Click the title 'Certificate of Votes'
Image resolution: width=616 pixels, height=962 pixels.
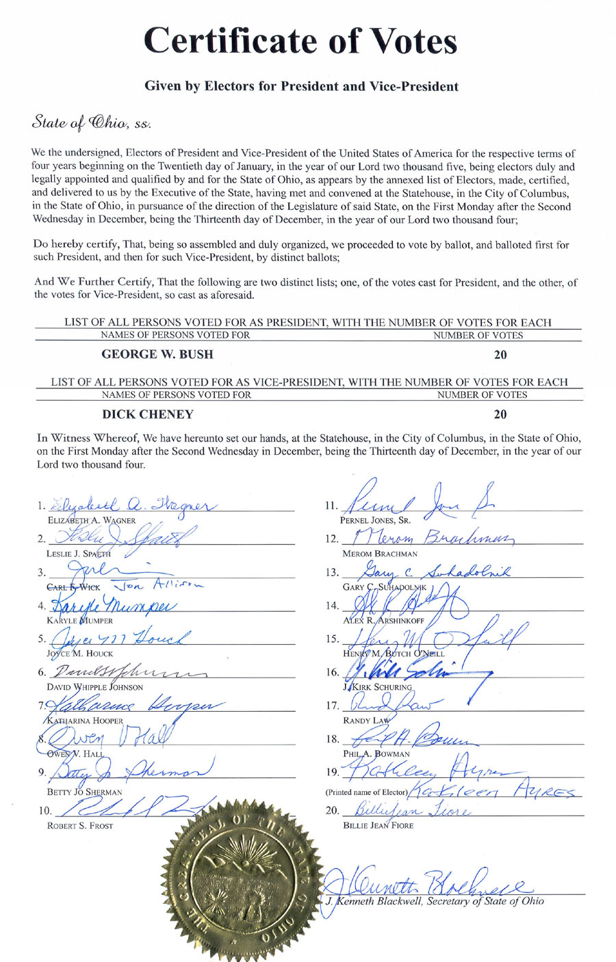[300, 40]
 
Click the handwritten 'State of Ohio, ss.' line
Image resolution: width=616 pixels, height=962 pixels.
[91, 124]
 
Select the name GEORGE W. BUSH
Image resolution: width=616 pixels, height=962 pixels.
[157, 354]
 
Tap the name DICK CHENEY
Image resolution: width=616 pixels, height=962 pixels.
[147, 414]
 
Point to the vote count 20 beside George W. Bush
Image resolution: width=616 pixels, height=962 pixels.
[500, 355]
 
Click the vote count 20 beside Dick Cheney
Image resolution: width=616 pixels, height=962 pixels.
[500, 414]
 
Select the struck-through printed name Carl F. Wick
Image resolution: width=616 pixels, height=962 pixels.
[73, 587]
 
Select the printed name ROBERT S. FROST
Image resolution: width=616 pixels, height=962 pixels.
[79, 825]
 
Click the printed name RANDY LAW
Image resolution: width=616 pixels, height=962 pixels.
[365, 721]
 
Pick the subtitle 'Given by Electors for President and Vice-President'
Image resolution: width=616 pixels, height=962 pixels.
[301, 86]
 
